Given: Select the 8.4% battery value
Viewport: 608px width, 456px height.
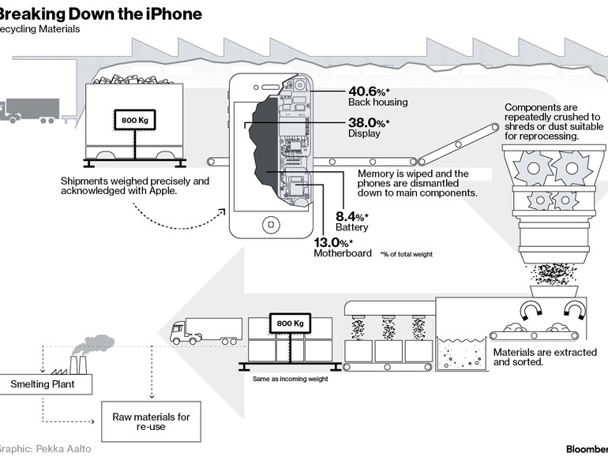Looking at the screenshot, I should (351, 216).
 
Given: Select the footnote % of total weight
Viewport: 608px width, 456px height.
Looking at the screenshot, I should (406, 254).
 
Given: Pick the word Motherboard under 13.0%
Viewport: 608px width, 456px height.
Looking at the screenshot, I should (343, 253).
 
